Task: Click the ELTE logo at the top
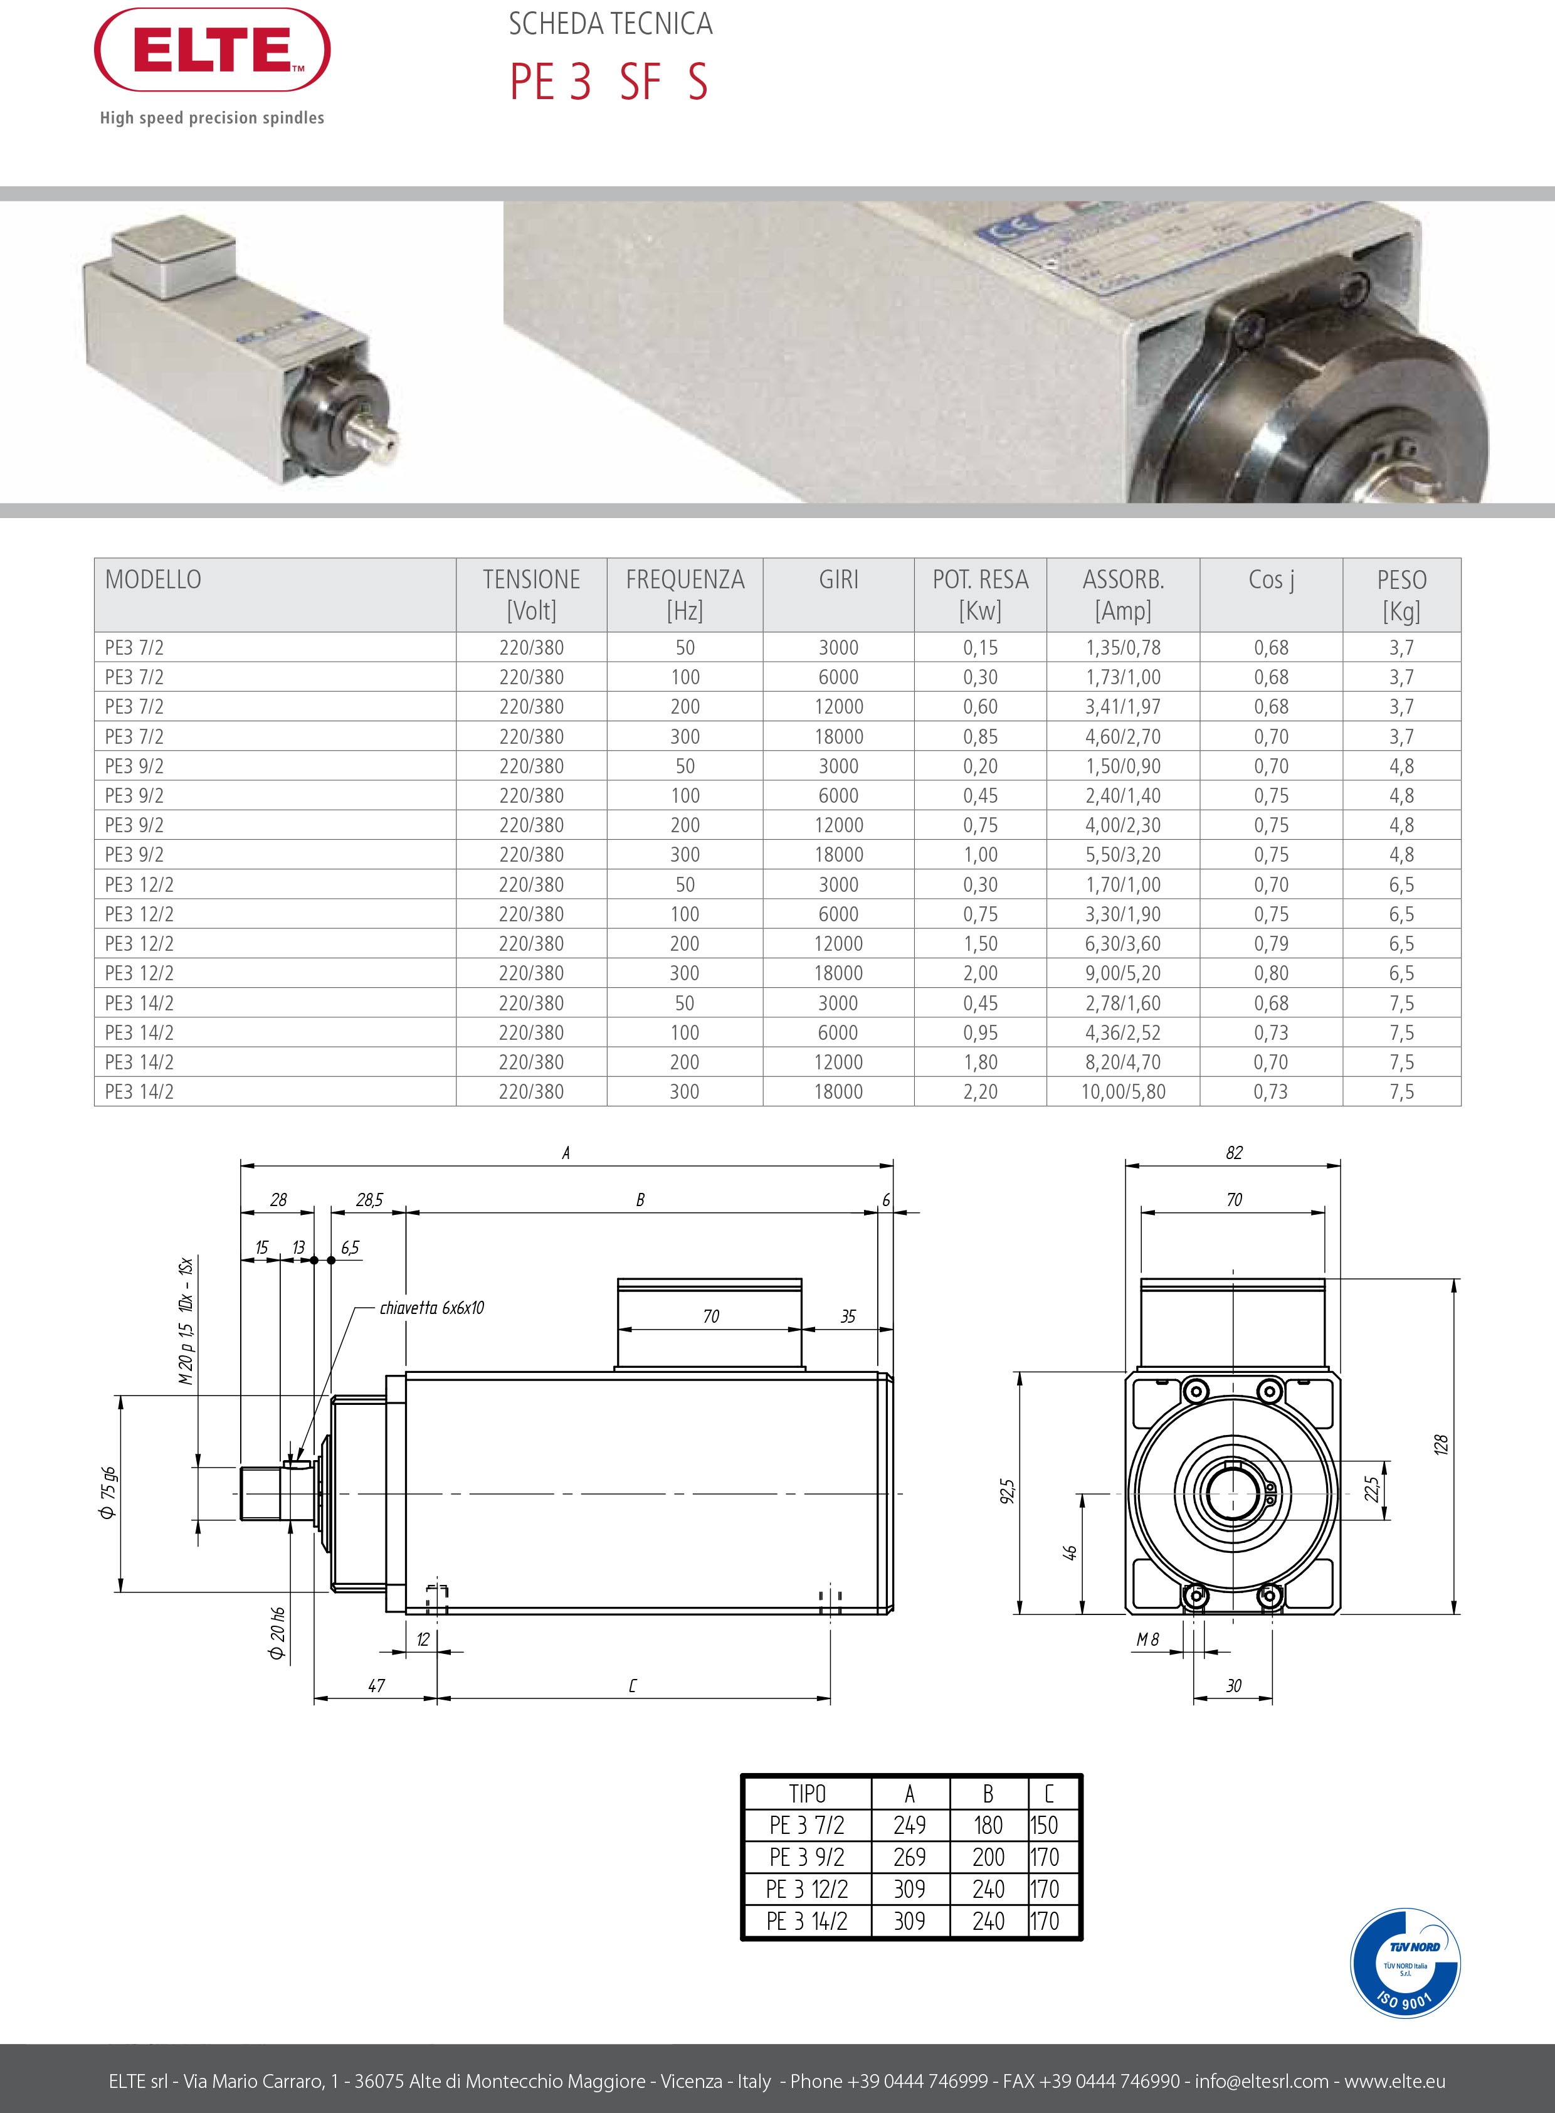coord(212,50)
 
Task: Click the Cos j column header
coord(1271,580)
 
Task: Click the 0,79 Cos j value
coord(1271,943)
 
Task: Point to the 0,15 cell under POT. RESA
coord(980,648)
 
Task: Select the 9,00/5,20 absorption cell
coord(1123,973)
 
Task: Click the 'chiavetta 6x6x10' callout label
coord(432,1308)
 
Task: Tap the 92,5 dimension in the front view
coord(1007,1491)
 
